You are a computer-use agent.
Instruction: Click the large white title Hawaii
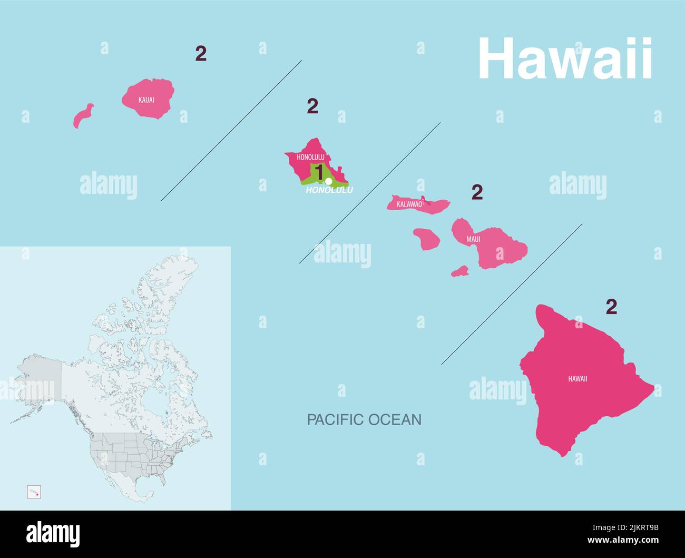pos(565,59)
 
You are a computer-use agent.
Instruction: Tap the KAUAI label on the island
pos(146,100)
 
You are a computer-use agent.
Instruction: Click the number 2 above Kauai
pos(201,53)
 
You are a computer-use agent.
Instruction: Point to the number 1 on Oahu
pos(319,172)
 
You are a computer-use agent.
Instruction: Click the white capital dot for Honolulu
pos(329,181)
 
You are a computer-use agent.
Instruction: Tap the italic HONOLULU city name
pos(329,190)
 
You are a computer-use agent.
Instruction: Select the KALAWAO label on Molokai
pos(410,204)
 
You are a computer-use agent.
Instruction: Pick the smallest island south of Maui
pos(460,271)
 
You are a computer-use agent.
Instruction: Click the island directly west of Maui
pos(426,239)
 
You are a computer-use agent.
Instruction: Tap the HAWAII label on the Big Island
pos(578,379)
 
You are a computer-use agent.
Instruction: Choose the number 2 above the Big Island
pos(611,307)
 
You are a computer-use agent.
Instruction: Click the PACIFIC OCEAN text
pos(364,419)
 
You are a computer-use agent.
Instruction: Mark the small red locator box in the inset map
pos(34,492)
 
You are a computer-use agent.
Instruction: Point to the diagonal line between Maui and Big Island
pos(511,294)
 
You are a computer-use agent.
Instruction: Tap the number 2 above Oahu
pos(312,106)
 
